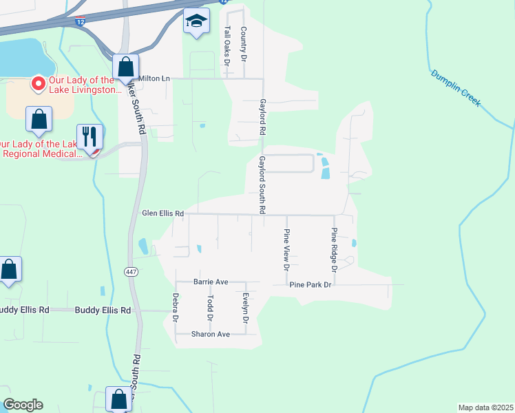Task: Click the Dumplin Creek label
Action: pyautogui.click(x=455, y=87)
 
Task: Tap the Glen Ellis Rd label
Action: pyautogui.click(x=162, y=214)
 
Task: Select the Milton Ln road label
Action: pyautogui.click(x=154, y=78)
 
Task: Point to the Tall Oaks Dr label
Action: pyautogui.click(x=227, y=46)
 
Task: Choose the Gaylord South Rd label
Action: pyautogui.click(x=262, y=184)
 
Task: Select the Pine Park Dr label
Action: pyautogui.click(x=311, y=284)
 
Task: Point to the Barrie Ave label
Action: pyautogui.click(x=210, y=282)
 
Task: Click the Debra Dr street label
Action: pyautogui.click(x=176, y=308)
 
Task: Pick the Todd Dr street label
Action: pyautogui.click(x=211, y=308)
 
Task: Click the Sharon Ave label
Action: pyautogui.click(x=211, y=334)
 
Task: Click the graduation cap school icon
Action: pyautogui.click(x=196, y=22)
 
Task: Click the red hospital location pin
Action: pyautogui.click(x=39, y=84)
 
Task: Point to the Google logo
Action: pyautogui.click(x=23, y=405)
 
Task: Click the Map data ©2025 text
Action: pyautogui.click(x=485, y=407)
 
